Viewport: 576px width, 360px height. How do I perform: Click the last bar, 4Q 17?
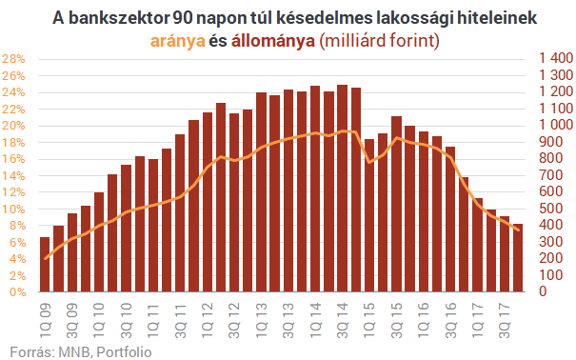pos(518,257)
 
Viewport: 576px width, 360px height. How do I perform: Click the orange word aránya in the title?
pos(176,41)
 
